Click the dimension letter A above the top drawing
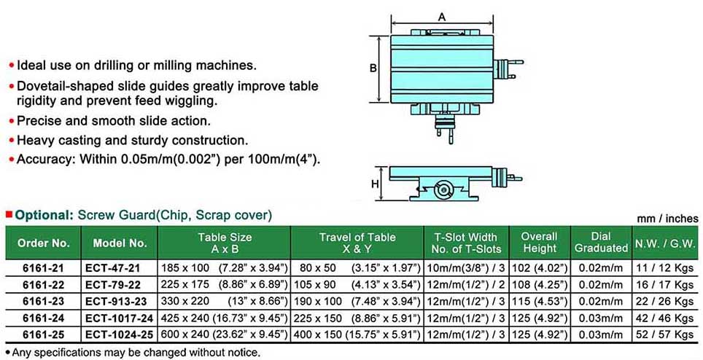point(442,17)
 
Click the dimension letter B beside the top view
point(373,69)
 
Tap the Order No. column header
point(44,243)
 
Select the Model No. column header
point(120,243)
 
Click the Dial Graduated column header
point(601,242)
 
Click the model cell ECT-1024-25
point(120,334)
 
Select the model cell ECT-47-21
point(112,268)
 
